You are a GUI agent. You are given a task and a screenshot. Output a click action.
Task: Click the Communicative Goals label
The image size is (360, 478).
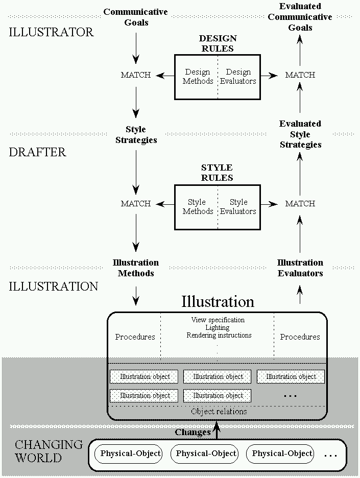tap(136, 17)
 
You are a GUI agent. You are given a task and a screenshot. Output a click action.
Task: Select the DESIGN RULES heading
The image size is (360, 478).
tap(218, 43)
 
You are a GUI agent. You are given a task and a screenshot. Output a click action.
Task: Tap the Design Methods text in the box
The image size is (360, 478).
tap(198, 77)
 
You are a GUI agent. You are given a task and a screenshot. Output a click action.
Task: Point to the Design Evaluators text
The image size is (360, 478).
tap(238, 77)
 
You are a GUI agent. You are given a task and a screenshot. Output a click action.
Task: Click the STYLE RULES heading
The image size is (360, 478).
tap(217, 173)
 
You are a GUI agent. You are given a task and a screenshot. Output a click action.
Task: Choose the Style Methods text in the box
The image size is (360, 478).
tap(198, 206)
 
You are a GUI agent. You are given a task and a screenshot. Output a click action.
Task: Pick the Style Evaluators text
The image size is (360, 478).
tap(238, 206)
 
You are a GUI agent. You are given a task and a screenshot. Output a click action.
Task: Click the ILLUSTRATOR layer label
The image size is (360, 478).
tap(52, 32)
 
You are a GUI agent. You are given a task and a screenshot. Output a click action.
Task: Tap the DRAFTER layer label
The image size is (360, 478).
tap(38, 152)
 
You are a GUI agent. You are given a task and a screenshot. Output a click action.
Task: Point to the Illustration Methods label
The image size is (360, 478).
tap(136, 268)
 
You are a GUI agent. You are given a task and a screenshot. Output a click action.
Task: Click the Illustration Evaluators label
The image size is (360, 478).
tap(300, 268)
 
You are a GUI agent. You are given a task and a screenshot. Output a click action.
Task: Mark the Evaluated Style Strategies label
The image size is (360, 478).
tap(300, 134)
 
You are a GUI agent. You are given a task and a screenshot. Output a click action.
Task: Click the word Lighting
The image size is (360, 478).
tap(218, 327)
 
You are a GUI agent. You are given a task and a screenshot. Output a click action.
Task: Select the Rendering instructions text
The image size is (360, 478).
tap(219, 335)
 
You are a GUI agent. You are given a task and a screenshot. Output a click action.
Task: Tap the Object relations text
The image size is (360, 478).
tap(219, 411)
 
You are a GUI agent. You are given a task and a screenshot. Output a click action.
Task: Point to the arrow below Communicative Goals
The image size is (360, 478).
tap(136, 50)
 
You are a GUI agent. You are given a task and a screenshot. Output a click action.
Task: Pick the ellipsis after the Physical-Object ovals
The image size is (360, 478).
tap(331, 455)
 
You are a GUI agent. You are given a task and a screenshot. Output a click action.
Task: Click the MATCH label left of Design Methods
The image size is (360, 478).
tap(136, 75)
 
